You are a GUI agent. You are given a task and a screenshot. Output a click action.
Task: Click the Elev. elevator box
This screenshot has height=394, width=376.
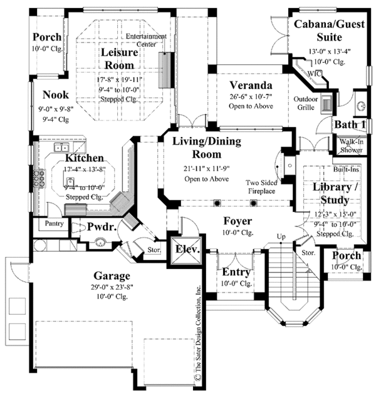(x=187, y=249)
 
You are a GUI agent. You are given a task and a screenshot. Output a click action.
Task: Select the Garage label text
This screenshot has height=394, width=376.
(x=112, y=275)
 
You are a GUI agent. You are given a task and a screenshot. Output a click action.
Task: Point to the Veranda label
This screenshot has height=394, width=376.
(x=250, y=85)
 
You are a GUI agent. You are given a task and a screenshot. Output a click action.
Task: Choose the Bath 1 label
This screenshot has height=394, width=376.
(x=350, y=125)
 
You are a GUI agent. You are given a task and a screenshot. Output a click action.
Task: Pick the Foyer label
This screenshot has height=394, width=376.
(x=238, y=221)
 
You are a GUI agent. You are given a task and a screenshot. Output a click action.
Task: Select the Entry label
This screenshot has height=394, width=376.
(x=237, y=272)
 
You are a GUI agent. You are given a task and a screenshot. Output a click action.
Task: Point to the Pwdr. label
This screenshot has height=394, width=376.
(x=102, y=228)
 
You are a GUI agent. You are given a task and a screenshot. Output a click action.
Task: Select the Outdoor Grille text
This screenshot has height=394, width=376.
(x=305, y=103)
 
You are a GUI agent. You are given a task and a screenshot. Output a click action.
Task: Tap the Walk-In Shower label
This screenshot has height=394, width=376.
(x=352, y=146)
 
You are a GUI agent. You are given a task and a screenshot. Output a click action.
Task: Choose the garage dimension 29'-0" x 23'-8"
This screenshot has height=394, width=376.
(x=113, y=288)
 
